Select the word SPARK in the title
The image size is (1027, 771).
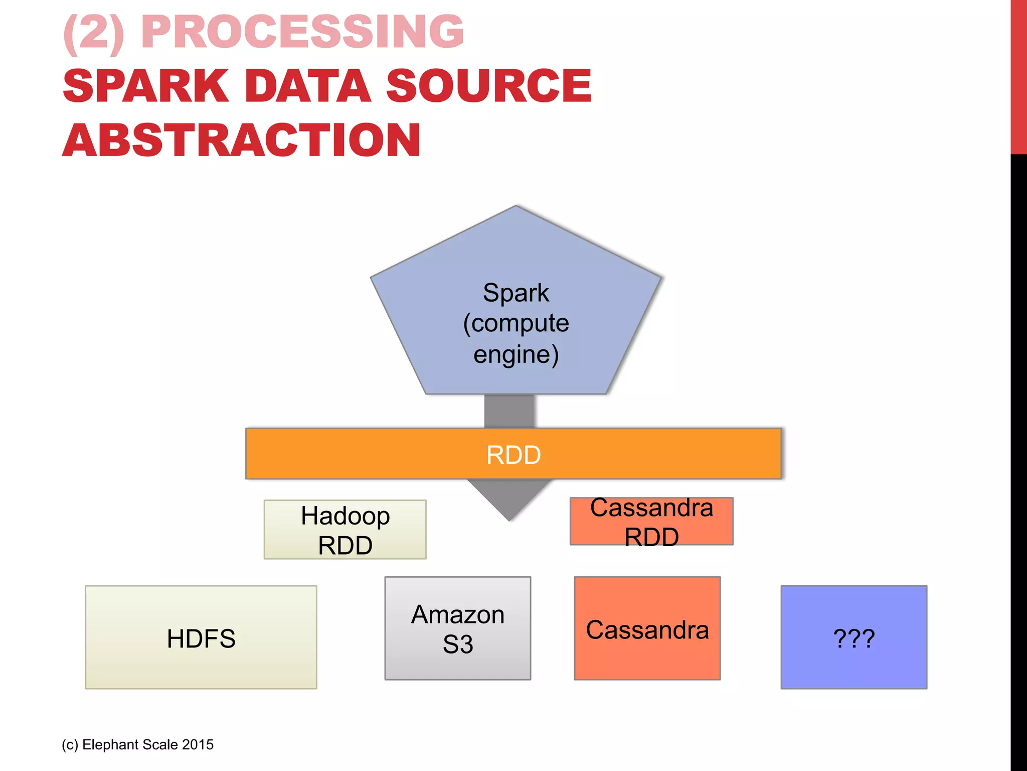(146, 86)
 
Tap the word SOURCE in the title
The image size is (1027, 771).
(489, 86)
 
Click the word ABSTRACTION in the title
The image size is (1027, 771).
(241, 141)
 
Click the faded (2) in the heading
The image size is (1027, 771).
(94, 32)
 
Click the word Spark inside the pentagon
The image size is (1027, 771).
(516, 293)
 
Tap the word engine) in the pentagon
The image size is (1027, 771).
(516, 354)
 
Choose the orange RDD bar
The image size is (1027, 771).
(381, 454)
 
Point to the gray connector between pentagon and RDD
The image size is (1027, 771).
(509, 411)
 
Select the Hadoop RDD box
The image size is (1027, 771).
(345, 530)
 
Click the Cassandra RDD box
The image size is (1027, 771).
(651, 521)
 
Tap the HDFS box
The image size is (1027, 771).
(201, 637)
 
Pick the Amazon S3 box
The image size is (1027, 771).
(457, 628)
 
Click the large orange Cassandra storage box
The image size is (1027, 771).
(647, 628)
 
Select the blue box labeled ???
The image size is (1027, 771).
(853, 637)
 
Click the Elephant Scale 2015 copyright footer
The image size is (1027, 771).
(138, 744)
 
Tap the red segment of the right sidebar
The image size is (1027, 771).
(1018, 75)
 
